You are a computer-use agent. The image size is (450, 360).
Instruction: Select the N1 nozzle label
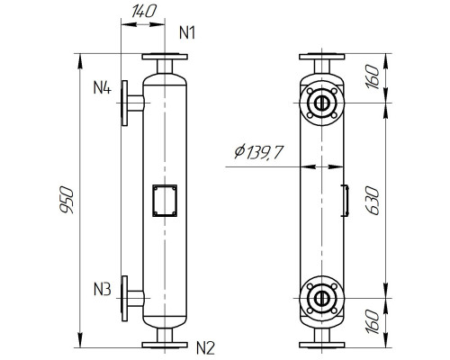188,33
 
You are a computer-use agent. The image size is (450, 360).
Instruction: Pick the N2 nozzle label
206,346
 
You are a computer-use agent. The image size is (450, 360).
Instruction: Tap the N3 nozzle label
102,290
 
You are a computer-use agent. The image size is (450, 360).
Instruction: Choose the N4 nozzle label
102,88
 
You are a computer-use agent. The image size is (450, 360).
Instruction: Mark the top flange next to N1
164,58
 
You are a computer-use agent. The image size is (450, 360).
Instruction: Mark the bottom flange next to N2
164,342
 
